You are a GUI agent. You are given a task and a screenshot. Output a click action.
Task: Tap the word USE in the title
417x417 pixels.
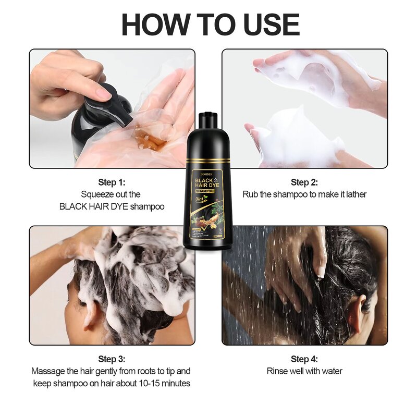[266, 24]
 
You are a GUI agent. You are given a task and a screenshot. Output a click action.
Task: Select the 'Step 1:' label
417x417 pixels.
[112, 182]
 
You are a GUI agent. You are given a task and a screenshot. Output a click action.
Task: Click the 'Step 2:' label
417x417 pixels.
[304, 182]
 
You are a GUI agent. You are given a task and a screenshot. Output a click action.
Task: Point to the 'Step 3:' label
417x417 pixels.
[112, 359]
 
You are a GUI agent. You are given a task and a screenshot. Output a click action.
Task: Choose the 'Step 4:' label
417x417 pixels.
[304, 359]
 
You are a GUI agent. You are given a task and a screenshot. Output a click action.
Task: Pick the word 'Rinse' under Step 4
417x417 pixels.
[277, 371]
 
